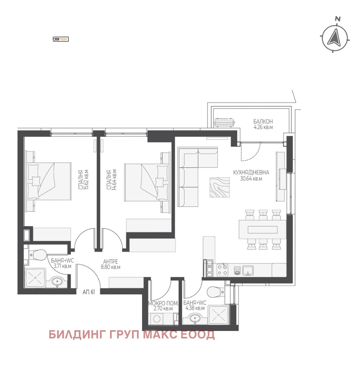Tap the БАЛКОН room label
coord(263,122)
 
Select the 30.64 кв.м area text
coord(251,179)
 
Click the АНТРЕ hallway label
coord(110,262)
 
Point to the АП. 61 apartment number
coord(89,292)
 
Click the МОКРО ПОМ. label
coord(163,303)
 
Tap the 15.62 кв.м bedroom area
coord(86,179)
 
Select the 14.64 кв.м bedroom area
coord(114,179)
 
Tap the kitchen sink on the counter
coord(248,271)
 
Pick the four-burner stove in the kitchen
coord(222,270)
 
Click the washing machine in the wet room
coord(157,319)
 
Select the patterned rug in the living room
coord(220,187)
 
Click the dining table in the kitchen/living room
coord(263,229)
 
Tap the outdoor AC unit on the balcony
coord(225,123)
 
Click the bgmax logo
coord(61,39)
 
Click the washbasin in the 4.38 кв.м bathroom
coord(195,318)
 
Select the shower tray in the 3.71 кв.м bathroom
coord(35,278)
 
